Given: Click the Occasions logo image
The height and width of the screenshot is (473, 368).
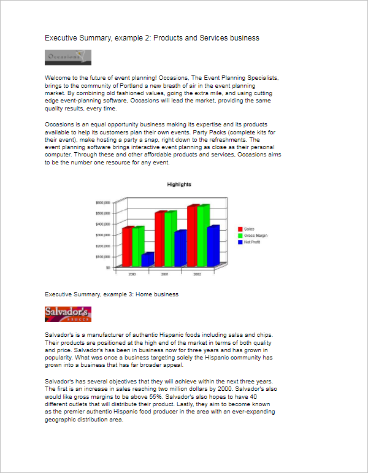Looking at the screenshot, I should [x=68, y=57].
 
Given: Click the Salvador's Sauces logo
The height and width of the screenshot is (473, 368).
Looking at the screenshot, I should [x=68, y=314].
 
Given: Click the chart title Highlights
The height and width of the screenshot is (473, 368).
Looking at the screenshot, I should [x=179, y=185].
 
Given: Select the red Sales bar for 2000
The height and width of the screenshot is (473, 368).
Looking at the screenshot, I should [x=127, y=247].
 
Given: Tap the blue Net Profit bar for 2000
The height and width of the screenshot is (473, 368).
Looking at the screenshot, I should [x=147, y=260].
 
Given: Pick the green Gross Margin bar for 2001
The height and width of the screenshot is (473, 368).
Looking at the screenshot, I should [x=170, y=239].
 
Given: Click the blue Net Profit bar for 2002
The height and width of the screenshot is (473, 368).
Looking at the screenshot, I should [x=212, y=246].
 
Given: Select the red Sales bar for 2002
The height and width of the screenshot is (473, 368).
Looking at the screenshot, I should [x=193, y=236].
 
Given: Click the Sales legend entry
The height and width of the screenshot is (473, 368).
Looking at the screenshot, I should [x=248, y=229].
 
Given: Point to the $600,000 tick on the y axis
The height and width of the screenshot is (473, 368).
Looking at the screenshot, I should [x=102, y=202].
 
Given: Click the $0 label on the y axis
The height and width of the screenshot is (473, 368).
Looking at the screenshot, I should [x=107, y=268].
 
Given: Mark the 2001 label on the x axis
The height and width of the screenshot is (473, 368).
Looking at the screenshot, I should [x=165, y=274].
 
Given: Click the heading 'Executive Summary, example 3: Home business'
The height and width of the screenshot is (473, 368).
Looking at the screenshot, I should [x=112, y=294].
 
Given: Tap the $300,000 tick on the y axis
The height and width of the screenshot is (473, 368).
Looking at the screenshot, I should [x=102, y=236].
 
